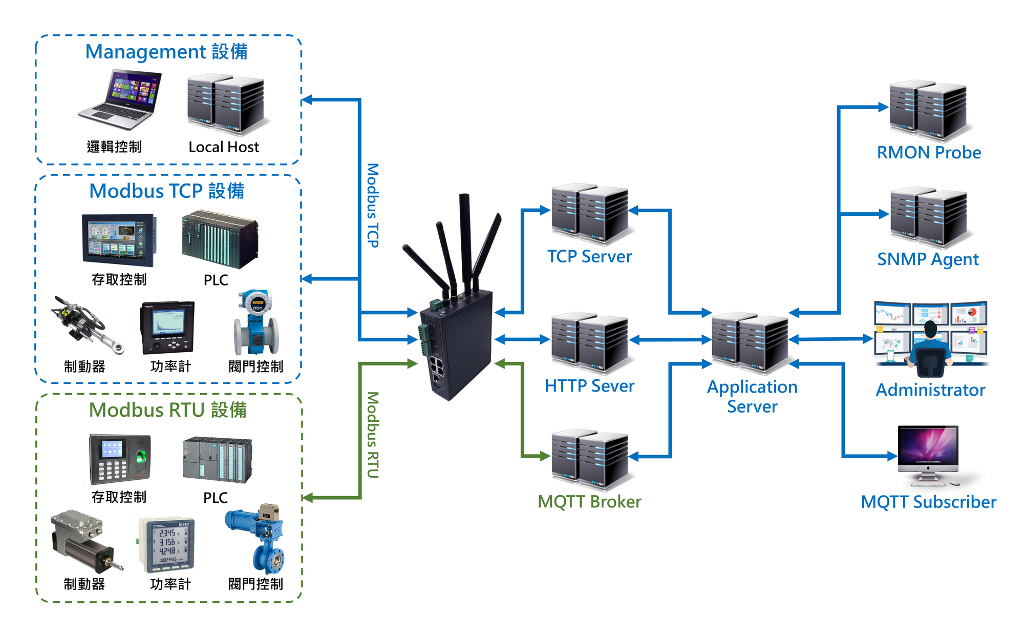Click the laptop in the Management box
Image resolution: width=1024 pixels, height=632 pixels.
(x=120, y=100)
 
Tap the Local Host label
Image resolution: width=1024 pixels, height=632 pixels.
(x=224, y=147)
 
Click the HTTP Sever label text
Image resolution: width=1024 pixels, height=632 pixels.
(x=589, y=385)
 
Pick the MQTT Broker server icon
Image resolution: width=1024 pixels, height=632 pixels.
(x=590, y=458)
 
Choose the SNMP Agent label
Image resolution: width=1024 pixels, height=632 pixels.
(x=928, y=259)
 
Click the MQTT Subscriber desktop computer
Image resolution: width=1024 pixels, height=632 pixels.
(x=928, y=454)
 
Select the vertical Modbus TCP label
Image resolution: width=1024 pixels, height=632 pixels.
(x=373, y=205)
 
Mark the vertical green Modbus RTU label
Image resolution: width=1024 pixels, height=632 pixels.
(x=373, y=435)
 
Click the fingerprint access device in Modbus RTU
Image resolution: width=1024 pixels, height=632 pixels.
(x=120, y=459)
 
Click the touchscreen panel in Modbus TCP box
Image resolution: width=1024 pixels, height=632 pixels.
(x=119, y=240)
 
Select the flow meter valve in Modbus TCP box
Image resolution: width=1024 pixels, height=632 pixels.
(x=256, y=323)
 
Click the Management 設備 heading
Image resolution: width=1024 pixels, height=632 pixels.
(x=166, y=52)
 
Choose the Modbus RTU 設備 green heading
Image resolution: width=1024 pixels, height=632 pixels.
(x=168, y=410)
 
